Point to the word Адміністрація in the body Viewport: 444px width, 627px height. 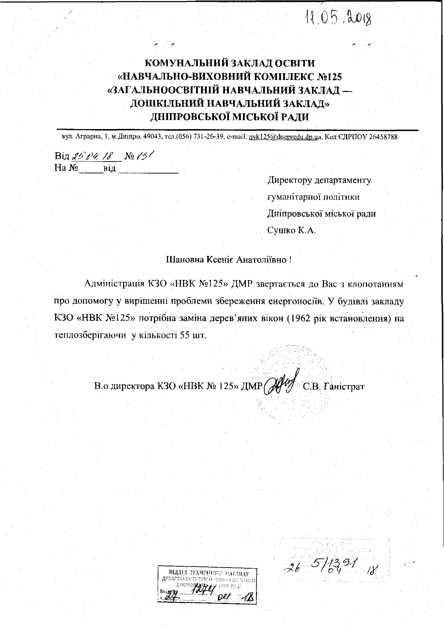point(114,284)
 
